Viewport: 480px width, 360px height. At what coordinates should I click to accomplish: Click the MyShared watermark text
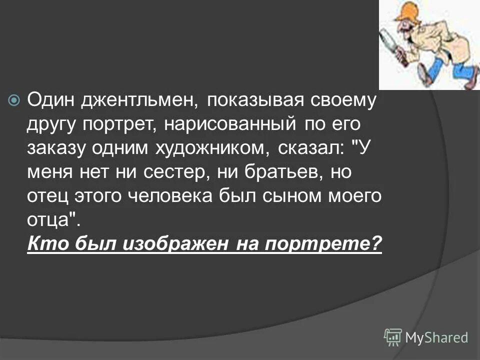pyautogui.click(x=436, y=337)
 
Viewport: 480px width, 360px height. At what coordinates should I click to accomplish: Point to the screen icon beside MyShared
pyautogui.click(x=393, y=337)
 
